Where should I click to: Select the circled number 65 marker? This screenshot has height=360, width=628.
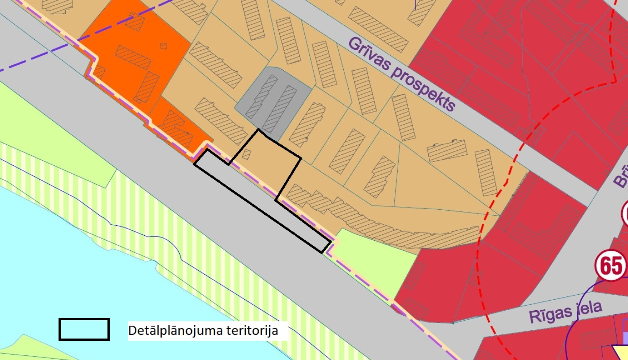(611, 266)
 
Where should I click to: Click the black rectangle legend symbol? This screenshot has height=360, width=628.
(84, 329)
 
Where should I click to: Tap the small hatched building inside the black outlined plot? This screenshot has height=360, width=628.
(246, 154)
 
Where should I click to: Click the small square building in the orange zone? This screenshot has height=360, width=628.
(164, 46)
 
